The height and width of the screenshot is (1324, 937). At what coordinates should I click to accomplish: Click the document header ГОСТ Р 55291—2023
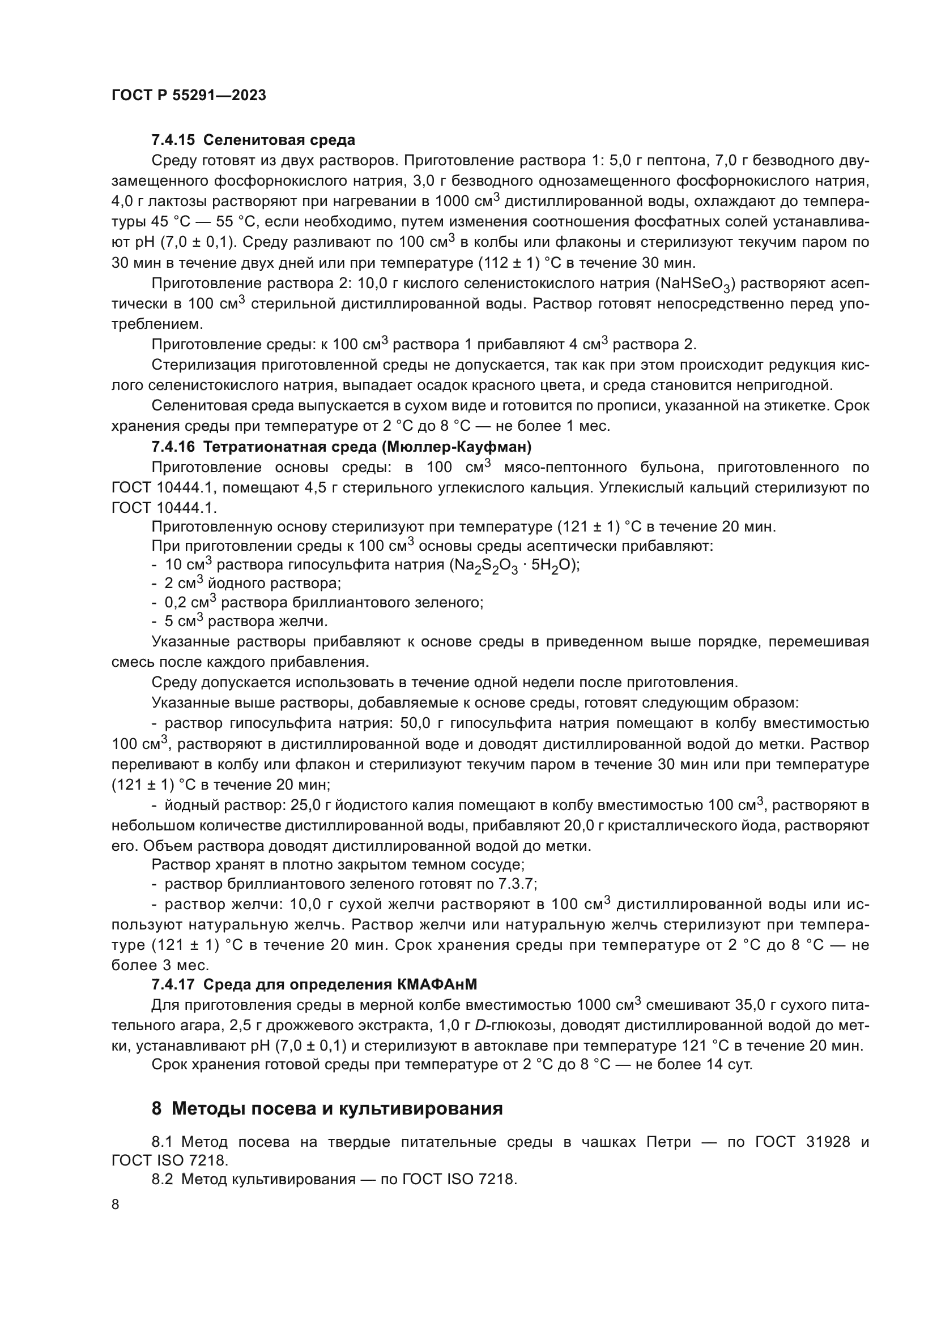[x=189, y=96]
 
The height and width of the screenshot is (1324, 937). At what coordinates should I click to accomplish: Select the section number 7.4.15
[x=173, y=140]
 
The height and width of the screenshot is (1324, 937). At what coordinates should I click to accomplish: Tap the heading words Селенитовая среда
[x=279, y=140]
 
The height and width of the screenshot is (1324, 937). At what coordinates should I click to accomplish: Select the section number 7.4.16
[x=173, y=447]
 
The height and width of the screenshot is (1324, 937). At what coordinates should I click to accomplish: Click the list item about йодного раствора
[x=252, y=584]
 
